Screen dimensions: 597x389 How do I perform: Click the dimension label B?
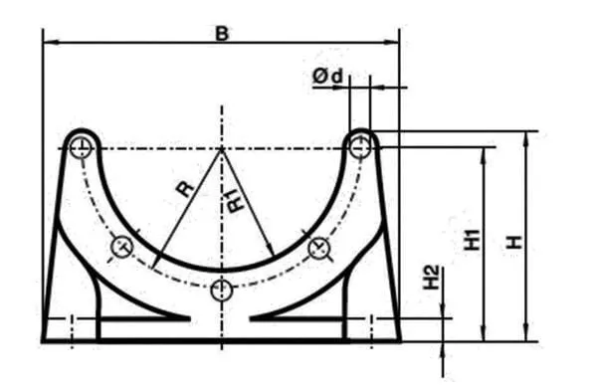tap(222, 34)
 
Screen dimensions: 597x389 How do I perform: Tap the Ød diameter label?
tap(327, 76)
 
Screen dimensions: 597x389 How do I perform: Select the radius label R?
tap(185, 189)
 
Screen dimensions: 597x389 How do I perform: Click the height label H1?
tap(472, 240)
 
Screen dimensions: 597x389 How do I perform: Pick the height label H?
tap(514, 242)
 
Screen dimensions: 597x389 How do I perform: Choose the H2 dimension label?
tap(432, 278)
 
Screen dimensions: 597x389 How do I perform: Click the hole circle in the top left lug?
tap(81, 147)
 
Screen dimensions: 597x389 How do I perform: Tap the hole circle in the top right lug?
tap(360, 147)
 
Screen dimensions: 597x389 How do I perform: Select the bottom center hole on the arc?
tap(222, 291)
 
